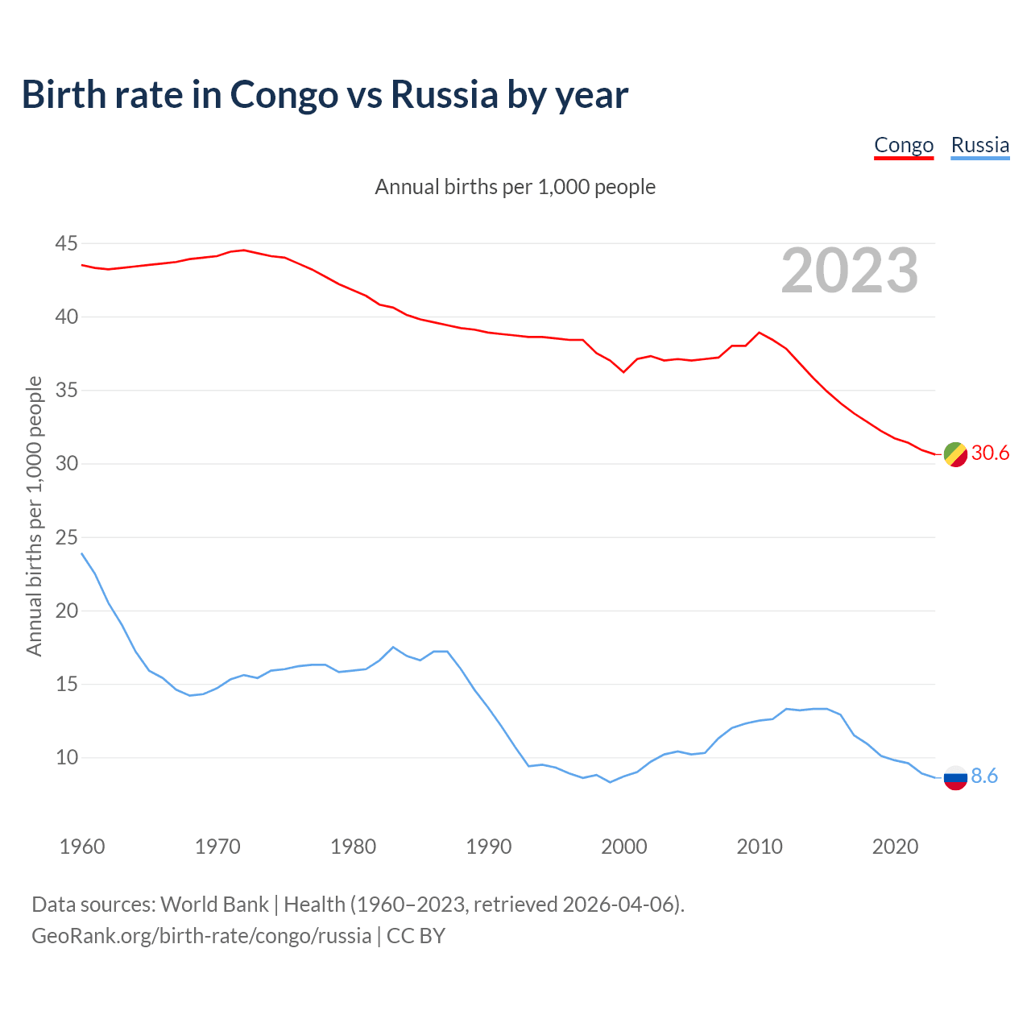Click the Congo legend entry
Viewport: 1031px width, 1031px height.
tap(904, 145)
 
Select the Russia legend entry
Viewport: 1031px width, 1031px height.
tap(979, 145)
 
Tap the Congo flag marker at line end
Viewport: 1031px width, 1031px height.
tap(955, 454)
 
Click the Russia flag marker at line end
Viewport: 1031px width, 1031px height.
tap(955, 778)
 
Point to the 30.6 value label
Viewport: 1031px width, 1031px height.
tap(990, 453)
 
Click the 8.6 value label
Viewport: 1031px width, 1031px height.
tap(984, 776)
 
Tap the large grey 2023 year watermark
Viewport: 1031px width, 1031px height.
tap(850, 271)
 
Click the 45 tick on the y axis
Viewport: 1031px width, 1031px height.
tap(67, 243)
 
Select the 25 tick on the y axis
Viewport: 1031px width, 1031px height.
tap(67, 537)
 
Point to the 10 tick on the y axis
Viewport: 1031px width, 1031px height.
tap(67, 758)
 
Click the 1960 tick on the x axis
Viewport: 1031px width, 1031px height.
tap(82, 847)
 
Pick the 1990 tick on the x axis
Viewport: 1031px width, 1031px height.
tap(489, 847)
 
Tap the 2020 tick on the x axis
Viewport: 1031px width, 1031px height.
tap(895, 847)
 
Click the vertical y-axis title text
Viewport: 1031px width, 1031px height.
tap(34, 515)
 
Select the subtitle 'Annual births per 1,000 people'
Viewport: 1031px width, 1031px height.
tap(515, 187)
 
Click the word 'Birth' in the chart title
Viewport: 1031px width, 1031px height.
tap(64, 94)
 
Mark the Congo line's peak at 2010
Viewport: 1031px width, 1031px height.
tap(759, 332)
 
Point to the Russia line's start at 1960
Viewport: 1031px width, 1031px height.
tap(82, 553)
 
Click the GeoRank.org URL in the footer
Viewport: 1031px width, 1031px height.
tap(201, 936)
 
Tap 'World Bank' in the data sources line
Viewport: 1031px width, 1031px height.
tap(214, 904)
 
